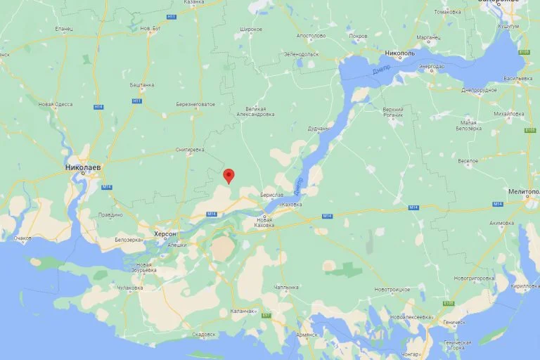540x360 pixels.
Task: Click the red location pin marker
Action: pyautogui.click(x=228, y=176)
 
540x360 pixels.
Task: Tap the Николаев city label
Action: pyautogui.click(x=83, y=169)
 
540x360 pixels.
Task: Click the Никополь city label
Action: pyautogui.click(x=400, y=53)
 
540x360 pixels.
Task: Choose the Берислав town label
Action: pyautogui.click(x=271, y=195)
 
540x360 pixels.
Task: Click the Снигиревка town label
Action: pyautogui.click(x=190, y=150)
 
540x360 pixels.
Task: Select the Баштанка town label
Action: pyautogui.click(x=142, y=85)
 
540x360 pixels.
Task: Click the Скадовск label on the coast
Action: pyautogui.click(x=203, y=334)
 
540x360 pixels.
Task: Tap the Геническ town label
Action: pyautogui.click(x=454, y=322)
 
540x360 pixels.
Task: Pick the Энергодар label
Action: pyautogui.click(x=431, y=67)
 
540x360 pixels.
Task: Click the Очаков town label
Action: pyautogui.click(x=22, y=238)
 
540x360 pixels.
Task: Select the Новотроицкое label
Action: pyautogui.click(x=392, y=289)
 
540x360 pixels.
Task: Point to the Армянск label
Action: pyautogui.click(x=307, y=334)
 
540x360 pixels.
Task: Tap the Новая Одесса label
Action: pyautogui.click(x=56, y=105)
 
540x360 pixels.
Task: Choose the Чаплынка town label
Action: pyautogui.click(x=287, y=287)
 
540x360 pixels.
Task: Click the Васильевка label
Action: pyautogui.click(x=518, y=78)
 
